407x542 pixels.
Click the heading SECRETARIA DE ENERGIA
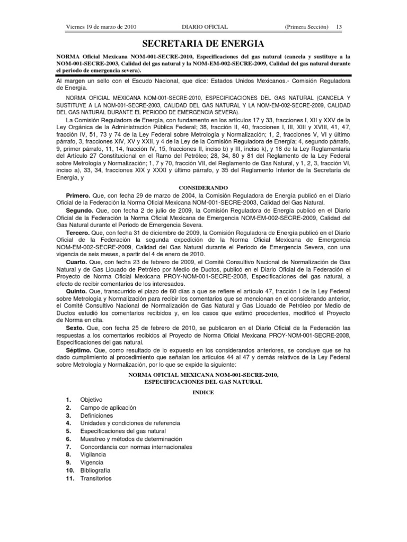click(x=203, y=43)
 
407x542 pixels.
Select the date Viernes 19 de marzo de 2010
click(x=101, y=27)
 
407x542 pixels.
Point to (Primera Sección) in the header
click(x=306, y=27)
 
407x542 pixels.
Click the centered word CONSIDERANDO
click(x=203, y=187)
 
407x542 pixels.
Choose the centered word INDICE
click(x=203, y=391)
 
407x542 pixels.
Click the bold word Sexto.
click(x=78, y=328)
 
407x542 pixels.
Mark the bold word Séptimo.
click(x=81, y=350)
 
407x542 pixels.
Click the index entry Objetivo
click(x=92, y=400)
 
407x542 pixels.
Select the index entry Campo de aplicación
click(x=108, y=408)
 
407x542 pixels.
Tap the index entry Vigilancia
click(x=93, y=455)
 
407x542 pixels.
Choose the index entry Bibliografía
click(x=96, y=470)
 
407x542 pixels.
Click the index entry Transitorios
click(x=96, y=478)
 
